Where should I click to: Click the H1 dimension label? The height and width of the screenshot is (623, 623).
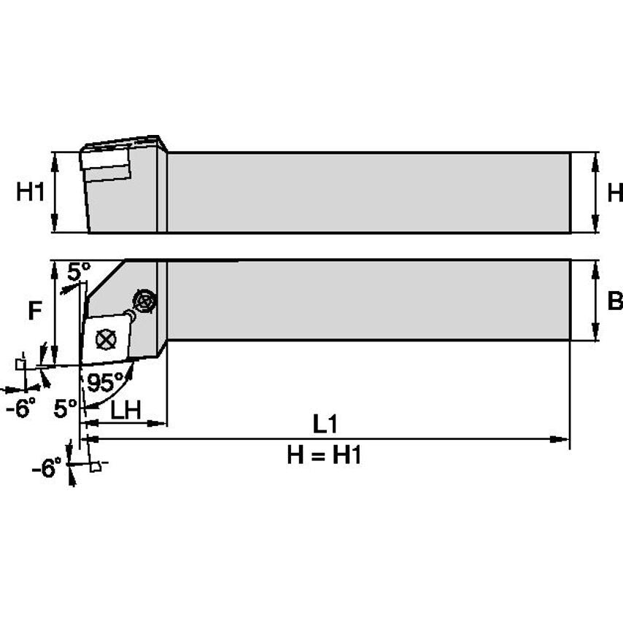[31, 193]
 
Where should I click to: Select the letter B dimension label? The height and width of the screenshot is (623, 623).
[614, 301]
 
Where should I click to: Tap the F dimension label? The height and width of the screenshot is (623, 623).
[34, 311]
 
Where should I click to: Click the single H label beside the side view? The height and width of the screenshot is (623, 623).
[614, 193]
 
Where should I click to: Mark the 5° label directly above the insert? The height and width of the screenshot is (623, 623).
[78, 271]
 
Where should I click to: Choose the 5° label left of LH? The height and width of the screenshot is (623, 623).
[65, 409]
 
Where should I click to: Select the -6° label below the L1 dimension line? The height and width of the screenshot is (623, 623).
[47, 468]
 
